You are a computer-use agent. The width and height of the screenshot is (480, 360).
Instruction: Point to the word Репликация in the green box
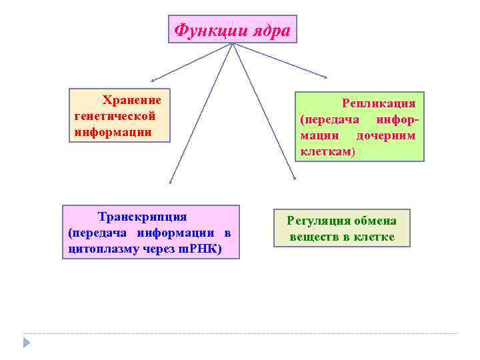click(379, 103)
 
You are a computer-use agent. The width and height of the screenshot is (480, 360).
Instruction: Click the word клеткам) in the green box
click(327, 152)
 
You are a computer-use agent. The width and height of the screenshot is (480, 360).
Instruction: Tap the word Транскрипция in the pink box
click(142, 217)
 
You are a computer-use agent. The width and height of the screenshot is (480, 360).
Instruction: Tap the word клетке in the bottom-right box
click(375, 237)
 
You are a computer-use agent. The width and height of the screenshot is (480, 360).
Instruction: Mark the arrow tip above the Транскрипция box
click(171, 181)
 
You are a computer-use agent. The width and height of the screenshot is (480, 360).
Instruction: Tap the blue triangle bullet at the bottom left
click(27, 343)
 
